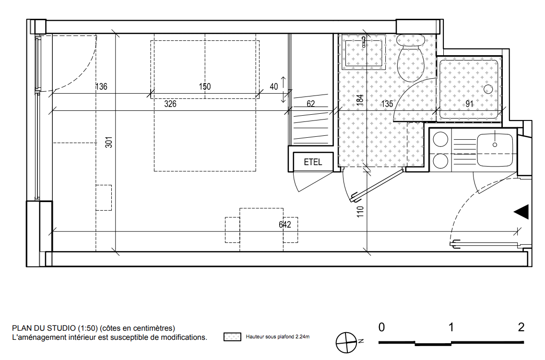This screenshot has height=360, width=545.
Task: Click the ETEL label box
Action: coord(313,162)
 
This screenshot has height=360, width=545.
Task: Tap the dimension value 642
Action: coord(284,224)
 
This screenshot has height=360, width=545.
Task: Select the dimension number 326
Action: coord(170,104)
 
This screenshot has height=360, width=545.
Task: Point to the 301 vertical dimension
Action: coord(109,142)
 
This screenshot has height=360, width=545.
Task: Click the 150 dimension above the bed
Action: coord(205,86)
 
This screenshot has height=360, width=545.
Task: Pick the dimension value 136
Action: coord(101,86)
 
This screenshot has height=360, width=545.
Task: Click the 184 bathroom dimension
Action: coord(360,100)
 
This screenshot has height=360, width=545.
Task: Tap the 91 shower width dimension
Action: coord(470,104)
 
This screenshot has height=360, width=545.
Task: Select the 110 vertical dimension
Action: coord(360,212)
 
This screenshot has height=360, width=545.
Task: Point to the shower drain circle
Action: coord(488,89)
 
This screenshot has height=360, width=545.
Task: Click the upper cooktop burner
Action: coord(441,140)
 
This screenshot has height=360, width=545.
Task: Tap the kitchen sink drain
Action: coord(495,144)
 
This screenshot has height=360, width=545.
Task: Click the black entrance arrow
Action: coord(522,212)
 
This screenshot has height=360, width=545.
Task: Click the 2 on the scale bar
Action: coord(521,327)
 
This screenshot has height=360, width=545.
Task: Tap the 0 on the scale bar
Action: coord(381,327)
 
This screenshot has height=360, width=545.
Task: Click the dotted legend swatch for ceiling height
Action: coord(232,336)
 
